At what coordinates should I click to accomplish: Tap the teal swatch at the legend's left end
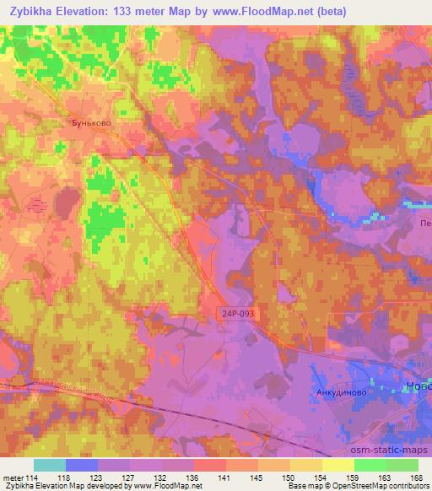(x=50, y=465)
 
